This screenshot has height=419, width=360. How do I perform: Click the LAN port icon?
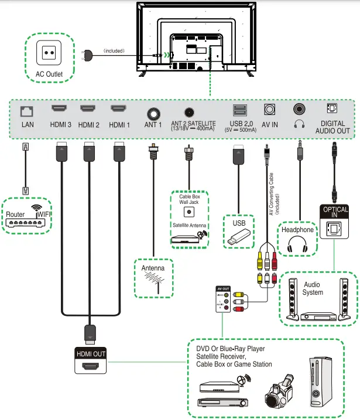(x=27, y=110)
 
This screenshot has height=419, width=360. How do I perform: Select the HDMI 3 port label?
(x=61, y=124)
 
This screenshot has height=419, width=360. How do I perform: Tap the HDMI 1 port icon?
(x=119, y=109)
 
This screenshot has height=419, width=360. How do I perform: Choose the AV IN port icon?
(x=270, y=110)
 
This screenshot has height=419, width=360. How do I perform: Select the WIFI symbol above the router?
(x=38, y=208)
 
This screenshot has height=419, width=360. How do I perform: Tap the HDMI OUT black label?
(x=91, y=354)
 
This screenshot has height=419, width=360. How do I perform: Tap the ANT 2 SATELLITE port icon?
(x=189, y=111)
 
